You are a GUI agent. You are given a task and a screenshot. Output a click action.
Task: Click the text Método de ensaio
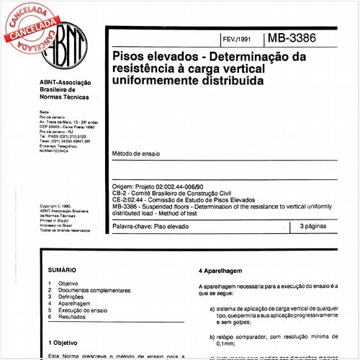point(136,154)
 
